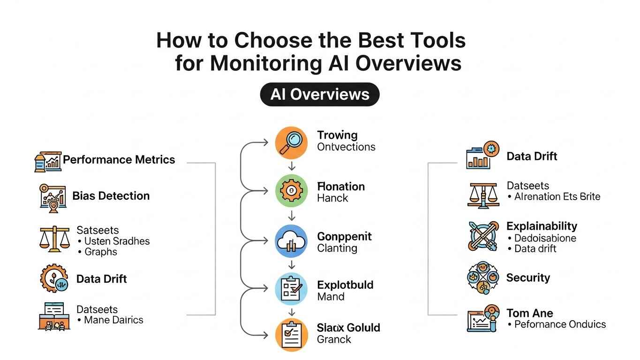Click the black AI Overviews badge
pyautogui.click(x=320, y=94)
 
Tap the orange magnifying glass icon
pyautogui.click(x=291, y=142)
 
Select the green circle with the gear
pyautogui.click(x=291, y=191)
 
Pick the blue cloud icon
pyautogui.click(x=291, y=241)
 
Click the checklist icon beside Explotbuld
pyautogui.click(x=291, y=290)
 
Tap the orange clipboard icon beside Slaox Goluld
pyautogui.click(x=291, y=335)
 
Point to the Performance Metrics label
pyautogui.click(x=119, y=159)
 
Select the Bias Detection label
pyautogui.click(x=111, y=195)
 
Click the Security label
pyautogui.click(x=527, y=277)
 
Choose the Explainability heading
pyautogui.click(x=542, y=226)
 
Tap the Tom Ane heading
pyautogui.click(x=529, y=313)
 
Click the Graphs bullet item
pyautogui.click(x=100, y=252)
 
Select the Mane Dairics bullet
pyautogui.click(x=113, y=320)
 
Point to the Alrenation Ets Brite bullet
pyautogui.click(x=557, y=196)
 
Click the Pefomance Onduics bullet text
pyautogui.click(x=560, y=324)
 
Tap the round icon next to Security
pyautogui.click(x=483, y=278)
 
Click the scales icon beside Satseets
pyautogui.click(x=54, y=239)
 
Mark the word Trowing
pyautogui.click(x=337, y=135)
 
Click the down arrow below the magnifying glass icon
pyautogui.click(x=292, y=166)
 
